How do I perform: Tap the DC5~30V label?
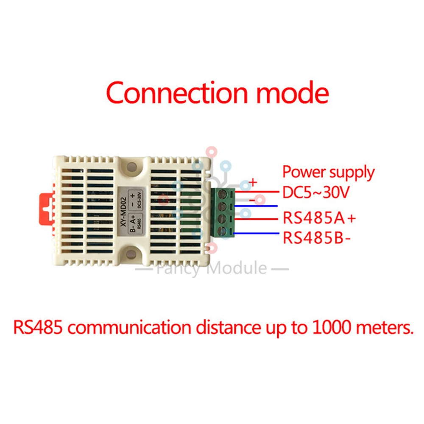click(315, 193)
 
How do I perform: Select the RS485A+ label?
click(319, 219)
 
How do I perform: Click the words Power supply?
click(329, 173)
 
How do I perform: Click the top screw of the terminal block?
click(221, 195)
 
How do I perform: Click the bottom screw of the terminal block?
click(221, 232)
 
